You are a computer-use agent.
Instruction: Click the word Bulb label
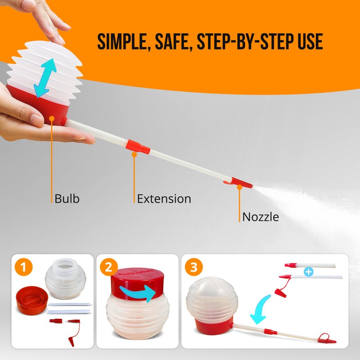[x=67, y=198]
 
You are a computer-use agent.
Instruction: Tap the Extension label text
[x=164, y=198]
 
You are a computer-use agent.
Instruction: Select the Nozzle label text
[x=261, y=217]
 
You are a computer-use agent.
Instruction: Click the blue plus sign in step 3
[x=308, y=272]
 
